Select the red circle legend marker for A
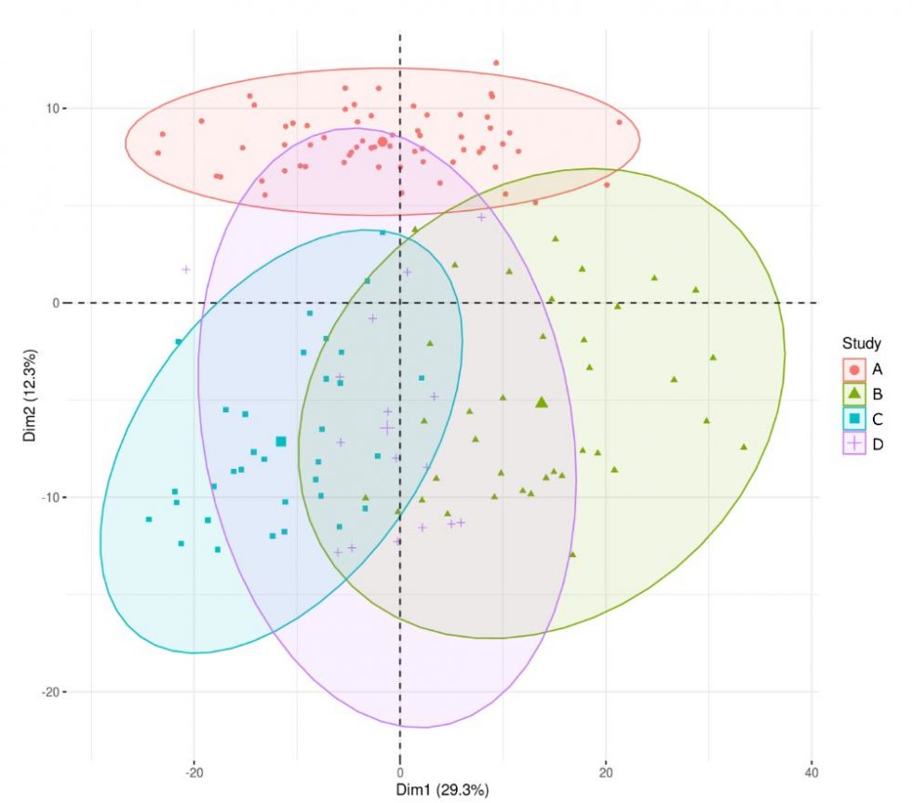(x=854, y=369)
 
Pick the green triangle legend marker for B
(x=854, y=394)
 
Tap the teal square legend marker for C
(x=854, y=419)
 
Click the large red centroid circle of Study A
(x=382, y=141)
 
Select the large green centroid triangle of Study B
(x=542, y=402)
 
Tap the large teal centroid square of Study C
(x=281, y=442)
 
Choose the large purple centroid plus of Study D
(x=386, y=428)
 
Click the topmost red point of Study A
(x=496, y=63)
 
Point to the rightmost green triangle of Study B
(x=744, y=447)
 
